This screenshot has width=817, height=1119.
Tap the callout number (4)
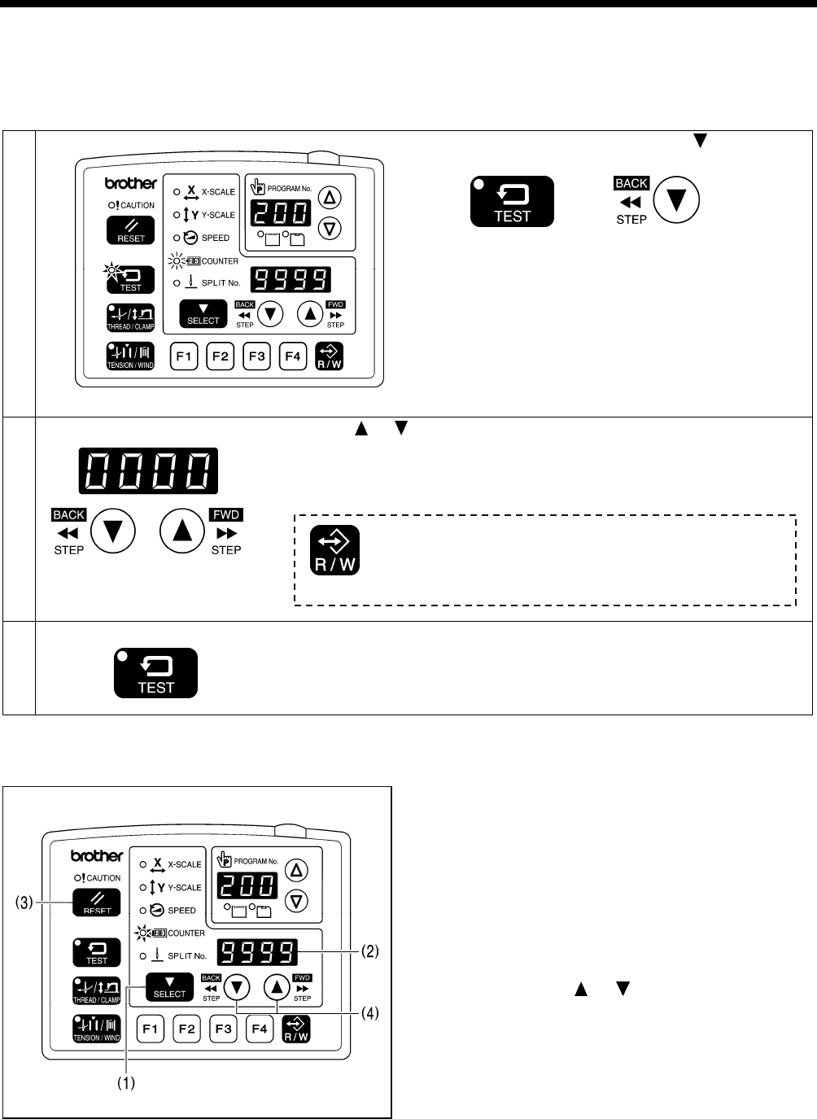[x=370, y=1013]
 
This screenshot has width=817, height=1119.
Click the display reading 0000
[x=148, y=471]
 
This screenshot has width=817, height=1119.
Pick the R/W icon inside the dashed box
[x=335, y=551]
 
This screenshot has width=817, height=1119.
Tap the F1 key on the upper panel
[x=184, y=356]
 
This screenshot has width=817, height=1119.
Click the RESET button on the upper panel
[x=130, y=231]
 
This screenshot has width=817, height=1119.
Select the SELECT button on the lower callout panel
[x=169, y=987]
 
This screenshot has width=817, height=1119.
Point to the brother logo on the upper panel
[x=130, y=184]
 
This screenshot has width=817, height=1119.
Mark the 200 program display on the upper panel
[x=279, y=213]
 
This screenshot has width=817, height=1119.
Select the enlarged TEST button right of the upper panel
[x=512, y=201]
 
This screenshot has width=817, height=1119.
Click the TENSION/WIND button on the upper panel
[x=130, y=356]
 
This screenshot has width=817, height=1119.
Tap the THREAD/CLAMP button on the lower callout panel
[x=97, y=990]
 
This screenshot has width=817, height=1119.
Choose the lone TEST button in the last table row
[x=155, y=673]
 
